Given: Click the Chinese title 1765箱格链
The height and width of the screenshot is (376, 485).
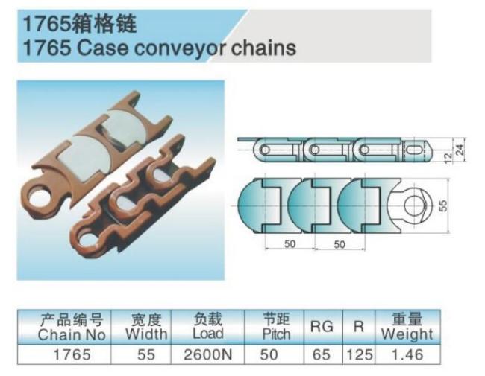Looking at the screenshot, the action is tap(80, 24).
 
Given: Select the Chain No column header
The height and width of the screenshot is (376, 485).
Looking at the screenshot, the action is tap(72, 334).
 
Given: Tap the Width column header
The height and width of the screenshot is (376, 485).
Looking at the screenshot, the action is tap(146, 334).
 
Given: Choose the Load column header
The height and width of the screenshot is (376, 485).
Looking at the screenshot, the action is tap(208, 334).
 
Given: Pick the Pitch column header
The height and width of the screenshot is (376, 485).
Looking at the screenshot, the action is tap(276, 334).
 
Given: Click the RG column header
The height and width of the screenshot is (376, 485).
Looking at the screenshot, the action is tap(322, 326).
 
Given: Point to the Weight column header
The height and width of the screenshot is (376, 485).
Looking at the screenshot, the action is tap(407, 334).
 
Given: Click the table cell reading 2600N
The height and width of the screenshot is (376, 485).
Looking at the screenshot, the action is tap(207, 354).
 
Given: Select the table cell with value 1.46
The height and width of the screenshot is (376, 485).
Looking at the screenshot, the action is tap(407, 354).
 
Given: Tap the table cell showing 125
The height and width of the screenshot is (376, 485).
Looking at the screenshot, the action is tap(359, 354).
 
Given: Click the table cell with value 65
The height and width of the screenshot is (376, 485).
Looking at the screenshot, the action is tap(322, 354).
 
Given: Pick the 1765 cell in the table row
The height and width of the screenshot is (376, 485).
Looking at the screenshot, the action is tap(72, 354).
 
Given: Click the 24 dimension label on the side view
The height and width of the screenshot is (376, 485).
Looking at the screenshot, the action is tap(460, 150).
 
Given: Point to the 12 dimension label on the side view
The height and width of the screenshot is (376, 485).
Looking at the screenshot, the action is tap(448, 158).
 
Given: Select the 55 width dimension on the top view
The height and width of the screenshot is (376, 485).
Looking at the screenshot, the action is tap(443, 205).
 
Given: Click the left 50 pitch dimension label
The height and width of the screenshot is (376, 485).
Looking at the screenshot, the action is tap(290, 244).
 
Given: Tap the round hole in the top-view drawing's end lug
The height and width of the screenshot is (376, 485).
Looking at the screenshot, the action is tap(414, 205).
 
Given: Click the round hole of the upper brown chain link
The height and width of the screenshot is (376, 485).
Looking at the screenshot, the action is tap(40, 197).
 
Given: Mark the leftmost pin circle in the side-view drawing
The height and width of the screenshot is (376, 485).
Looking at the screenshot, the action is tap(265, 150).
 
